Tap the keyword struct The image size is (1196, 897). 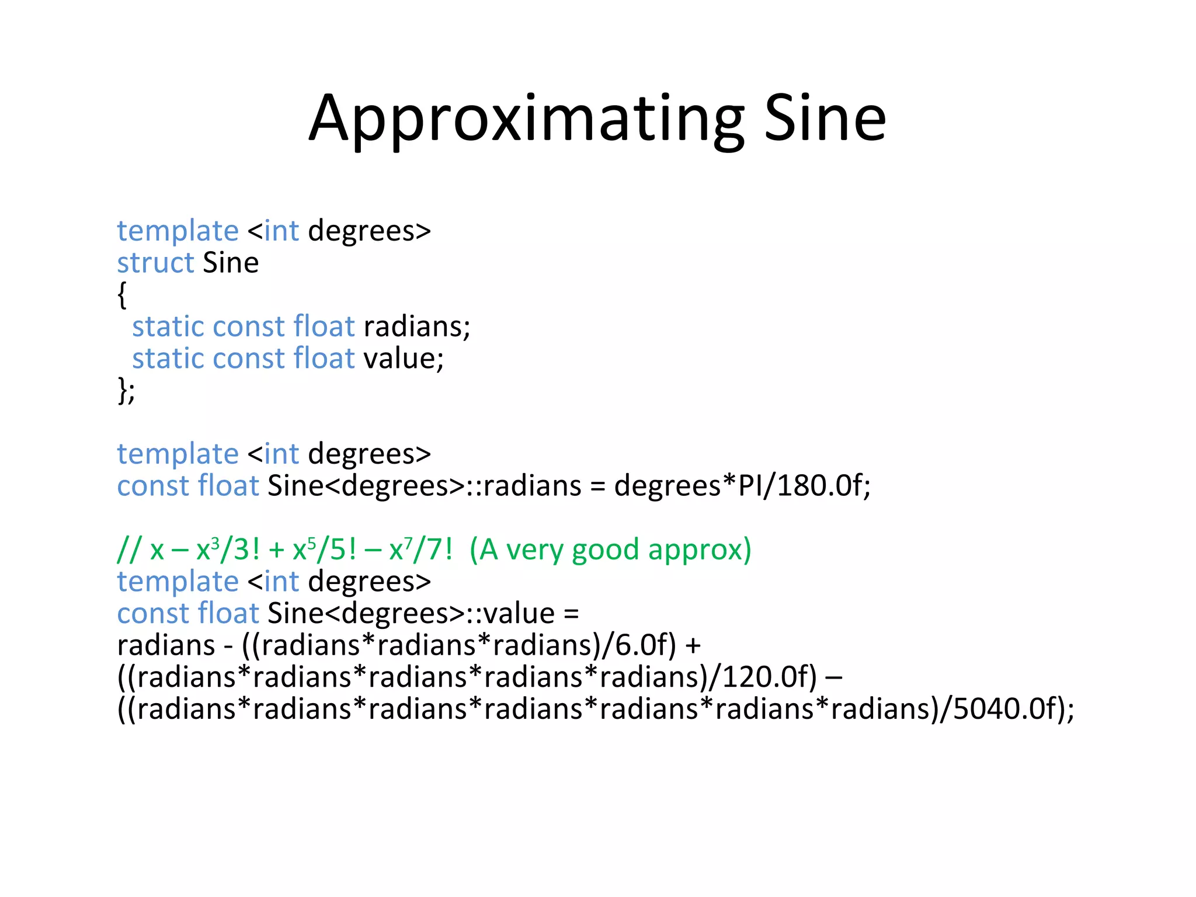click(155, 263)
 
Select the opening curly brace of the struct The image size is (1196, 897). click(122, 294)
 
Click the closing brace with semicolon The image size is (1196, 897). click(126, 390)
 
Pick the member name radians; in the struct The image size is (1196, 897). click(417, 326)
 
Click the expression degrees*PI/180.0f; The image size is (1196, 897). click(742, 486)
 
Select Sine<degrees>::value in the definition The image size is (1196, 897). click(411, 613)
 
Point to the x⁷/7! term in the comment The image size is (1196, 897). click(420, 550)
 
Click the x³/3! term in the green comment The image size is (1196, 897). click(228, 550)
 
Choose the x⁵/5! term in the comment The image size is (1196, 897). click(324, 550)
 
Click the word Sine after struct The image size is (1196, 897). click(231, 263)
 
